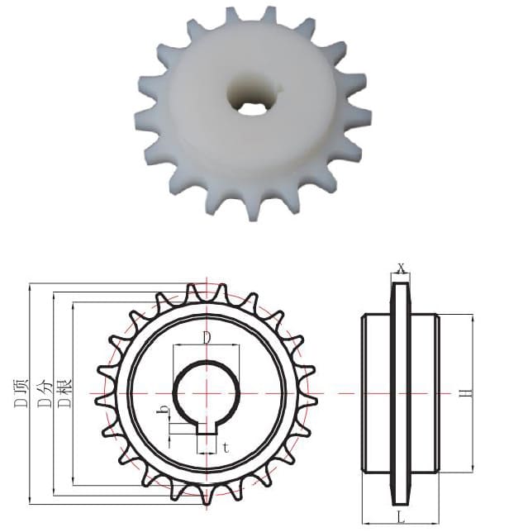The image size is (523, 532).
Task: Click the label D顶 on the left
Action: (x=21, y=392)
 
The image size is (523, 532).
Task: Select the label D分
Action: (x=45, y=392)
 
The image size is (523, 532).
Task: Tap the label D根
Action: (x=64, y=392)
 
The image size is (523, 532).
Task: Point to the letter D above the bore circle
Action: (x=207, y=338)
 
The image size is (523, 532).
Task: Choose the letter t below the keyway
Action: (x=226, y=449)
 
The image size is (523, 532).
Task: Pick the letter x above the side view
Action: (x=402, y=268)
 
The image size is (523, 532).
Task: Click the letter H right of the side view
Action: (x=468, y=393)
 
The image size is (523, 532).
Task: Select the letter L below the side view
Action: (x=401, y=517)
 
